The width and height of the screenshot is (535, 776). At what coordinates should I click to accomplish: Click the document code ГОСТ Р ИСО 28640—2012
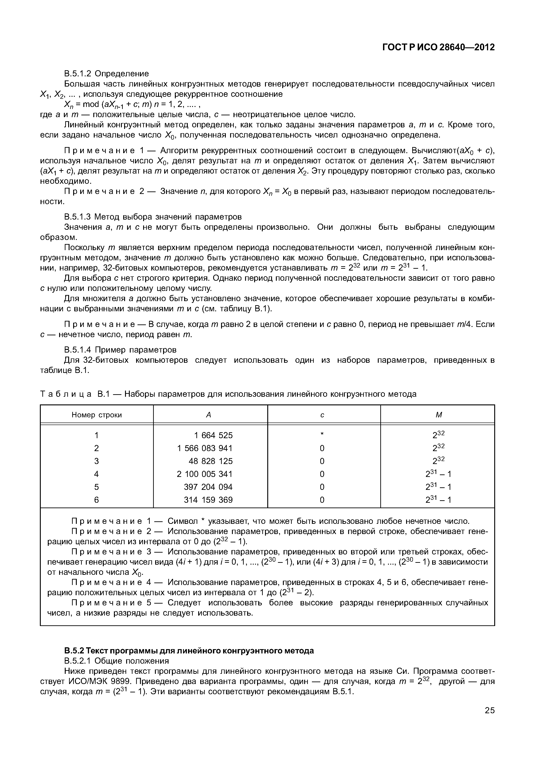439,47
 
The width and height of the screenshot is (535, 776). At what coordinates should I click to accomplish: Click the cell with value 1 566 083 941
205,448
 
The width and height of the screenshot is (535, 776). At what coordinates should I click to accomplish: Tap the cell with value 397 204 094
208,487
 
